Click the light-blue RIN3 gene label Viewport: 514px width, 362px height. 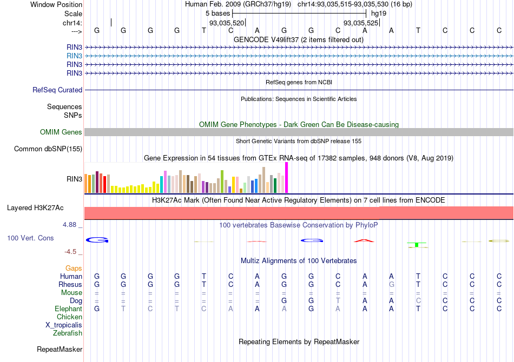pos(74,56)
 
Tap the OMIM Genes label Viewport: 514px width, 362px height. pos(61,132)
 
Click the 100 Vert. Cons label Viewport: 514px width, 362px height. pos(30,238)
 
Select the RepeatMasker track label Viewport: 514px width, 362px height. pos(59,350)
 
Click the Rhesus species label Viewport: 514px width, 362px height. pos(70,284)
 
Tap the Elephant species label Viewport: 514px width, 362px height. pos(68,309)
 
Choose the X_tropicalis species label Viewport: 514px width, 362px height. pos(64,325)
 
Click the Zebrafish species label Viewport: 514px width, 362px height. pos(68,333)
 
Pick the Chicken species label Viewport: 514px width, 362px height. pos(69,317)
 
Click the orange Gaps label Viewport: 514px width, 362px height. pos(74,268)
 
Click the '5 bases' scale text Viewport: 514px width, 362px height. pos(217,13)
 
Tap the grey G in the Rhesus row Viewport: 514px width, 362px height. pos(392,284)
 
